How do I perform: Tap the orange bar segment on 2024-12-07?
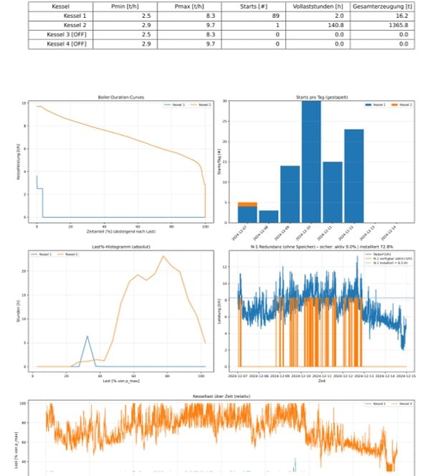tap(247, 204)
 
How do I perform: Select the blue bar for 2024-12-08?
tap(268, 215)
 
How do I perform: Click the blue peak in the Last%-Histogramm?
tap(87, 336)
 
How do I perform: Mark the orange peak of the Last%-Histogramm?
tap(163, 256)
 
